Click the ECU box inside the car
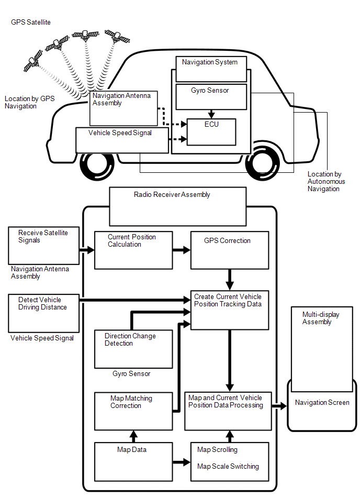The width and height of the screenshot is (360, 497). (211, 132)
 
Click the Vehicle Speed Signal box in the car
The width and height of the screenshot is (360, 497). (122, 140)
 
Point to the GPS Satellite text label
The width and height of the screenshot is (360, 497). (31, 22)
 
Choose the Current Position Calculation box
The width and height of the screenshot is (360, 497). (133, 249)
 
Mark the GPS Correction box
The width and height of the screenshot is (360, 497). (229, 249)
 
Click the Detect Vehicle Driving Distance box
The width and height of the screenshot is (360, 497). (43, 313)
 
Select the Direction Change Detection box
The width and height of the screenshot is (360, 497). (133, 349)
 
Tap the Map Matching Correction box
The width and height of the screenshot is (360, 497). (133, 411)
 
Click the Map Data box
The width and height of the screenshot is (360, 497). (133, 461)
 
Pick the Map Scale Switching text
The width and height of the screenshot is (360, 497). (228, 467)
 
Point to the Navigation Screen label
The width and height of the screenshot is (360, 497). (322, 403)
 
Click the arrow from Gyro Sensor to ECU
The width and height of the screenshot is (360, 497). (211, 114)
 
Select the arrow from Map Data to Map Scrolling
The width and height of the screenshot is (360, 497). (182, 462)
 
